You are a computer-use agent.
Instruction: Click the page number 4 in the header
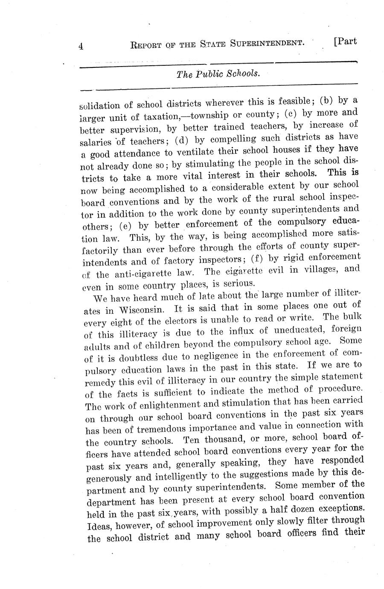click(81, 47)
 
